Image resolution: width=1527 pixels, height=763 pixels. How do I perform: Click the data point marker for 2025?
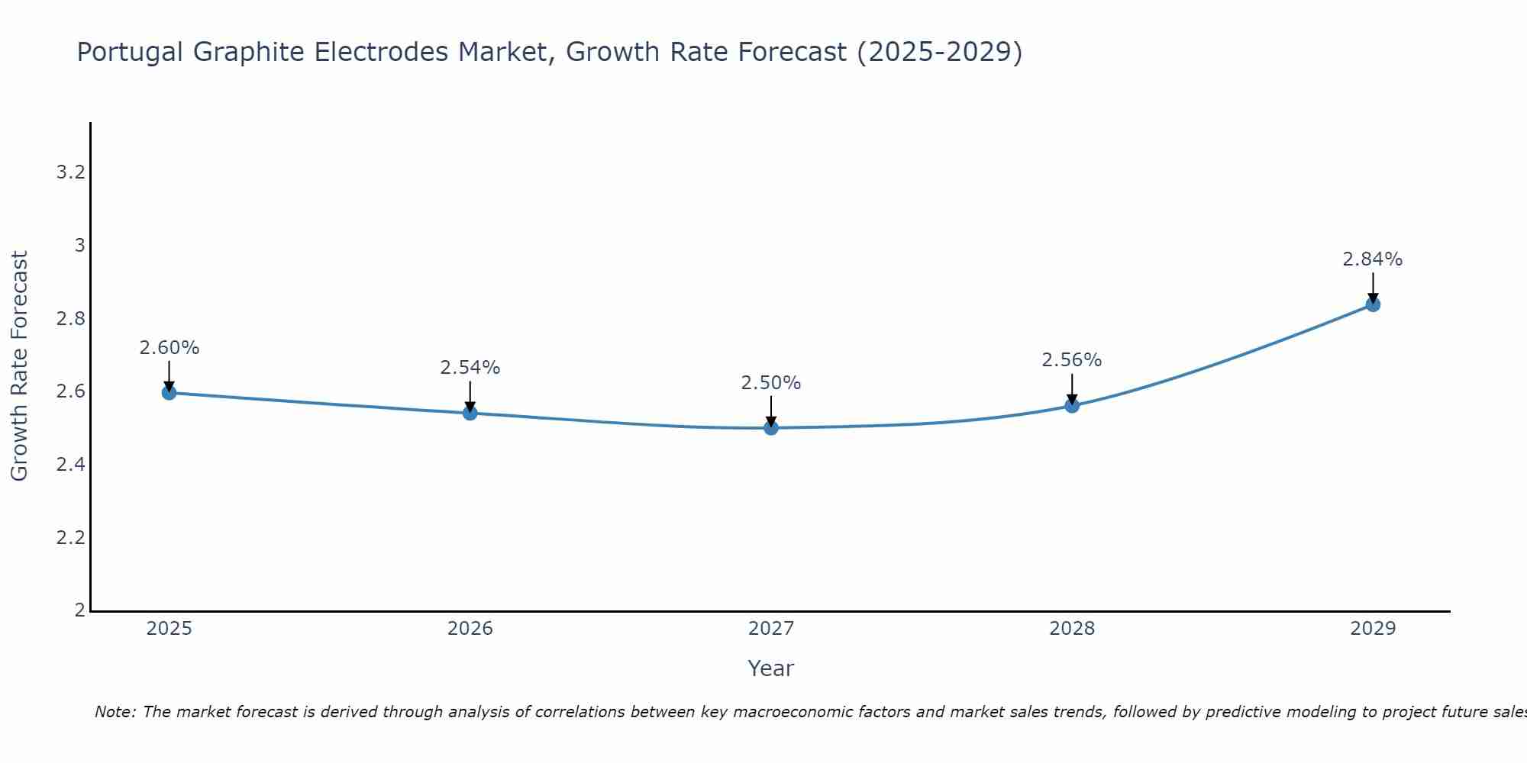click(169, 392)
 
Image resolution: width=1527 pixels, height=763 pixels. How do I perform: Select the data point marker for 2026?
click(470, 413)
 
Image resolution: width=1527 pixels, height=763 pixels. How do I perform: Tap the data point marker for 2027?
click(771, 427)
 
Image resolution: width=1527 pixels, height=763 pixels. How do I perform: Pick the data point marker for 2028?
click(1072, 405)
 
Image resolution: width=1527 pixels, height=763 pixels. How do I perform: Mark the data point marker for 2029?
click(1373, 304)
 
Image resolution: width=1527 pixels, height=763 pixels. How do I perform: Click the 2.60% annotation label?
click(169, 348)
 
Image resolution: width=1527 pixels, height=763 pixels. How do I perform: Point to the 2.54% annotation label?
click(470, 368)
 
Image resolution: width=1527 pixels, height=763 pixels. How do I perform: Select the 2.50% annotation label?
click(771, 383)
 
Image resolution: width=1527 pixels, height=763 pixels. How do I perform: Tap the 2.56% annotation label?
click(1072, 360)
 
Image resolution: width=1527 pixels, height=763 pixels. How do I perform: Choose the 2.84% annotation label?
click(1373, 259)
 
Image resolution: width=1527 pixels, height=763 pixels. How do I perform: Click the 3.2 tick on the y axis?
click(70, 172)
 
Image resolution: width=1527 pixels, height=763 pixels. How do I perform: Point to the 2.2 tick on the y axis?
click(70, 538)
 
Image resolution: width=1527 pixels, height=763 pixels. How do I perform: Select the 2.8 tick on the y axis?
click(70, 319)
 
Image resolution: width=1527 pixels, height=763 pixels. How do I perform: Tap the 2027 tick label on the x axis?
click(771, 629)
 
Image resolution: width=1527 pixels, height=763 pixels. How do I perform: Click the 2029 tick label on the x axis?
click(1373, 629)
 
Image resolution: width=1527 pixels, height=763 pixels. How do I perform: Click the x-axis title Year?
click(771, 668)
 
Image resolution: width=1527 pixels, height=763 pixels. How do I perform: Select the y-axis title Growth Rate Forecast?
click(19, 366)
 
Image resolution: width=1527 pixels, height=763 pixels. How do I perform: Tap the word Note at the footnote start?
click(115, 712)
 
